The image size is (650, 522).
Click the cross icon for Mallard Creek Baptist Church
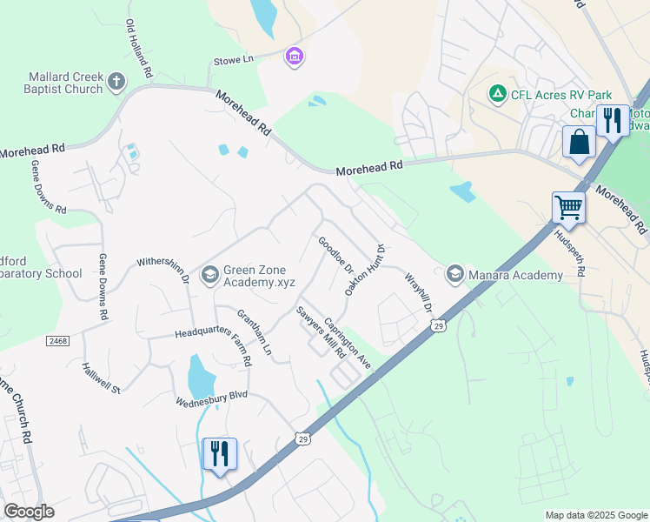[116, 83]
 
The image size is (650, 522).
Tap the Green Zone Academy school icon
[209, 275]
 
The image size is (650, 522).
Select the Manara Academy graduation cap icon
[454, 275]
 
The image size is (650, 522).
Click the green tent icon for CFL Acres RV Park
[498, 93]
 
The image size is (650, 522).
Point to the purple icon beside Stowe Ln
[295, 57]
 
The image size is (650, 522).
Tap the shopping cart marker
[568, 207]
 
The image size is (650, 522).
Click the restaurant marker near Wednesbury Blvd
[219, 453]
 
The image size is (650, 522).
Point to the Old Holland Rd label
[140, 47]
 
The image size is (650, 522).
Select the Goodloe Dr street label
[335, 255]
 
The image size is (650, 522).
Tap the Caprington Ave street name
[348, 343]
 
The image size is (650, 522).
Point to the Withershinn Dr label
[163, 269]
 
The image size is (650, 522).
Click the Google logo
[30, 512]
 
